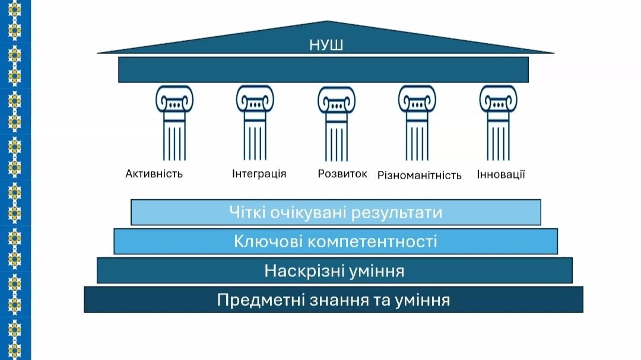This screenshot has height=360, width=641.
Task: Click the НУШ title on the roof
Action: coord(326,45)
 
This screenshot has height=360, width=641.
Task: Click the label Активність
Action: coord(154,174)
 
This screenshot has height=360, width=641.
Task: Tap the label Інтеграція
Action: coord(259,174)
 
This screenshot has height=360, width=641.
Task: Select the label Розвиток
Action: coord(342,174)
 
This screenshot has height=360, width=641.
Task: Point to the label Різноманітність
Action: coord(420,175)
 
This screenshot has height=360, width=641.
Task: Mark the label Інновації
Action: coord(501,174)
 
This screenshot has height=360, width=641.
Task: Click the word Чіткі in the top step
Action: coord(245,212)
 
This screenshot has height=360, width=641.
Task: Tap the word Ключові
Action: coord(264,241)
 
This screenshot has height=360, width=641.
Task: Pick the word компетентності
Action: coord(368,242)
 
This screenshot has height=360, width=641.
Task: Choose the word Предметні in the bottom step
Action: coord(259,300)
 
